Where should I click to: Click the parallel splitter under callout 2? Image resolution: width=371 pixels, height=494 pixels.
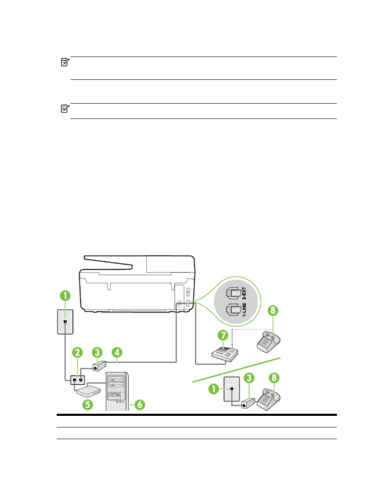click(77, 380)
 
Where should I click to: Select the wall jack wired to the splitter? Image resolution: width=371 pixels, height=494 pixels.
click(65, 321)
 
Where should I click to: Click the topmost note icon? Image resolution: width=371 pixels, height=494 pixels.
click(64, 62)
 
